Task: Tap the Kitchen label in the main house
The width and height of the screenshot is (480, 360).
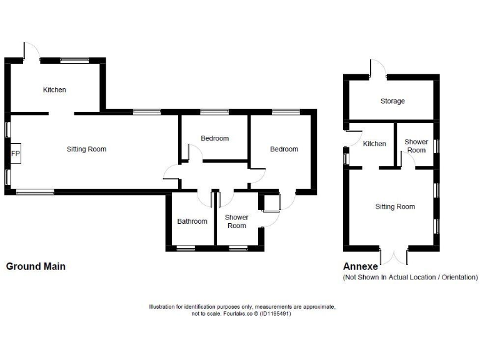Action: (54, 90)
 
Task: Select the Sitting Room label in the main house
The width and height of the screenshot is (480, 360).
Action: (86, 149)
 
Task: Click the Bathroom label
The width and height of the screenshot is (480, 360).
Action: (192, 221)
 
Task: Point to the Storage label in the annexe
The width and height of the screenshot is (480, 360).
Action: (392, 101)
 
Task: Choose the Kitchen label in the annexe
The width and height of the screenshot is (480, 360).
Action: (374, 144)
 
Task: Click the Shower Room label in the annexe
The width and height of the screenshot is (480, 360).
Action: (416, 146)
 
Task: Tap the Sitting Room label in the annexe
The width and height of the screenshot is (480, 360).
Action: (395, 207)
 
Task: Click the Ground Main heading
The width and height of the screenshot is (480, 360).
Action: (36, 266)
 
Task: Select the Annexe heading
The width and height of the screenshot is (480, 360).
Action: (361, 266)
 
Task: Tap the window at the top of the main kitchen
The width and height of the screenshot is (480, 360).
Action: (74, 60)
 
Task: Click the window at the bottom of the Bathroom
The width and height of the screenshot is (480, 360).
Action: (186, 249)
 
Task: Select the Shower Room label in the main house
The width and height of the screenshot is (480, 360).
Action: (236, 221)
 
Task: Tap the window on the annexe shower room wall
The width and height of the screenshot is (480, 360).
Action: (437, 146)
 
